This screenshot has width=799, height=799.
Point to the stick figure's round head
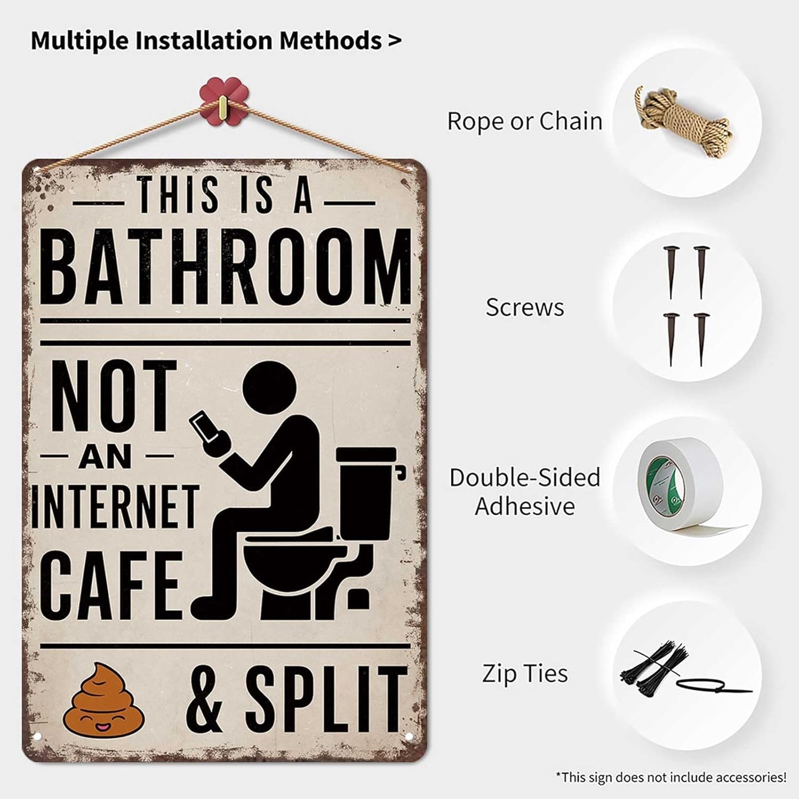(x=269, y=389)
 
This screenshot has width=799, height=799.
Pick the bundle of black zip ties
(x=658, y=670)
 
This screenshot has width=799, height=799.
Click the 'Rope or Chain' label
(x=524, y=121)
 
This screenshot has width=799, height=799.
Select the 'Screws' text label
(x=525, y=307)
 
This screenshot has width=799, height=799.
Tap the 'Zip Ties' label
(x=525, y=673)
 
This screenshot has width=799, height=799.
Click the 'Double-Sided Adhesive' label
(x=525, y=492)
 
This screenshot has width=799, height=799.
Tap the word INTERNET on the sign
(x=114, y=506)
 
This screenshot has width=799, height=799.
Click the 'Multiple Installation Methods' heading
(x=216, y=40)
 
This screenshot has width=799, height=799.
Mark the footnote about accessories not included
(x=671, y=777)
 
